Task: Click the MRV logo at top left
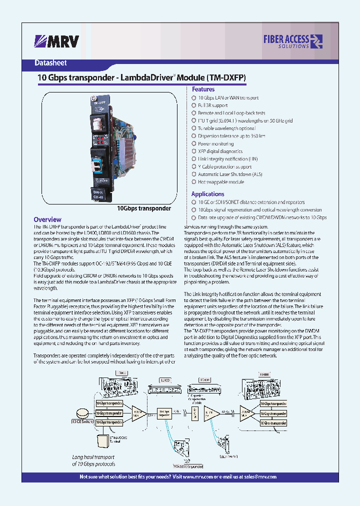(x=56, y=41)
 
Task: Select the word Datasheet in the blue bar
(x=50, y=63)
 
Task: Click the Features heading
(x=203, y=89)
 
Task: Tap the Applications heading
(x=207, y=194)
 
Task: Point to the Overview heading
(x=47, y=219)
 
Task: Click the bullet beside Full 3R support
(x=193, y=105)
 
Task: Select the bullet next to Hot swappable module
(x=193, y=182)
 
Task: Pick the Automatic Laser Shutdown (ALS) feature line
(x=230, y=174)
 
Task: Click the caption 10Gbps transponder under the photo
(x=144, y=208)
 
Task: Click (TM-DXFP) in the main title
(x=225, y=78)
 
